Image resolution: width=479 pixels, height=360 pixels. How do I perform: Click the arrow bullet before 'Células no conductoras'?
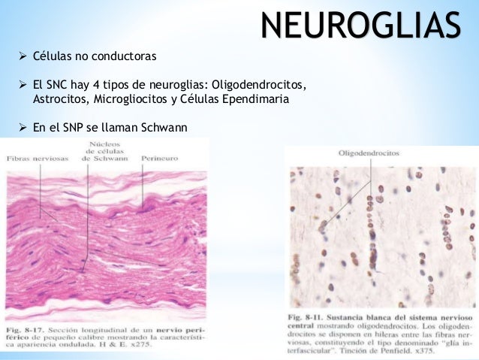point(22,57)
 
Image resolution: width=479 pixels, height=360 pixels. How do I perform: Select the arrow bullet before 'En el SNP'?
point(22,128)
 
